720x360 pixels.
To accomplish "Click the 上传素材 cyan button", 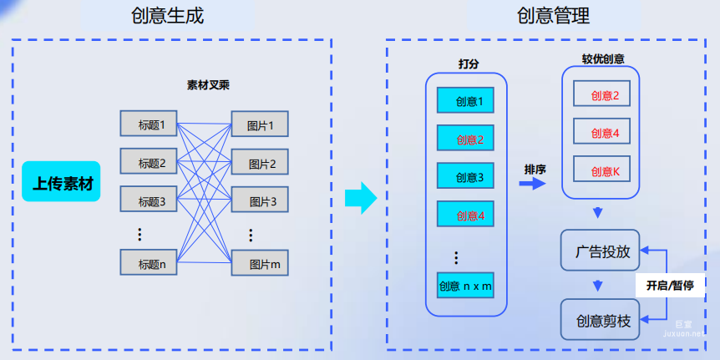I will click(63, 181).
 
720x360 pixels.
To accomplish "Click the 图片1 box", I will click(260, 125).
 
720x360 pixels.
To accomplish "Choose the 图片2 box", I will click(260, 163).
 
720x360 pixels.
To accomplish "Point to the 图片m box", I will click(260, 263).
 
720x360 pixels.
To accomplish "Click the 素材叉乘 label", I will click(208, 84).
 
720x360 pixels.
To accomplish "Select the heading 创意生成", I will click(167, 16).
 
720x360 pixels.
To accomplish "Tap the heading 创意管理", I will click(553, 16).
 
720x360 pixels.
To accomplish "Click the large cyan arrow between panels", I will click(361, 198).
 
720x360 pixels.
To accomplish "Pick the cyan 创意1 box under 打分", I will click(466, 101).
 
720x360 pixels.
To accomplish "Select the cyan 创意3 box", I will click(466, 177).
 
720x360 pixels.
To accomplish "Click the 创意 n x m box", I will click(465, 286).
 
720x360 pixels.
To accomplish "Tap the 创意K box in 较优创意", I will click(601, 170).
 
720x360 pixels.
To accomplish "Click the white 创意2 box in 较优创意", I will click(601, 94).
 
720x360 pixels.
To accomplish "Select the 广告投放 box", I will click(600, 251).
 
